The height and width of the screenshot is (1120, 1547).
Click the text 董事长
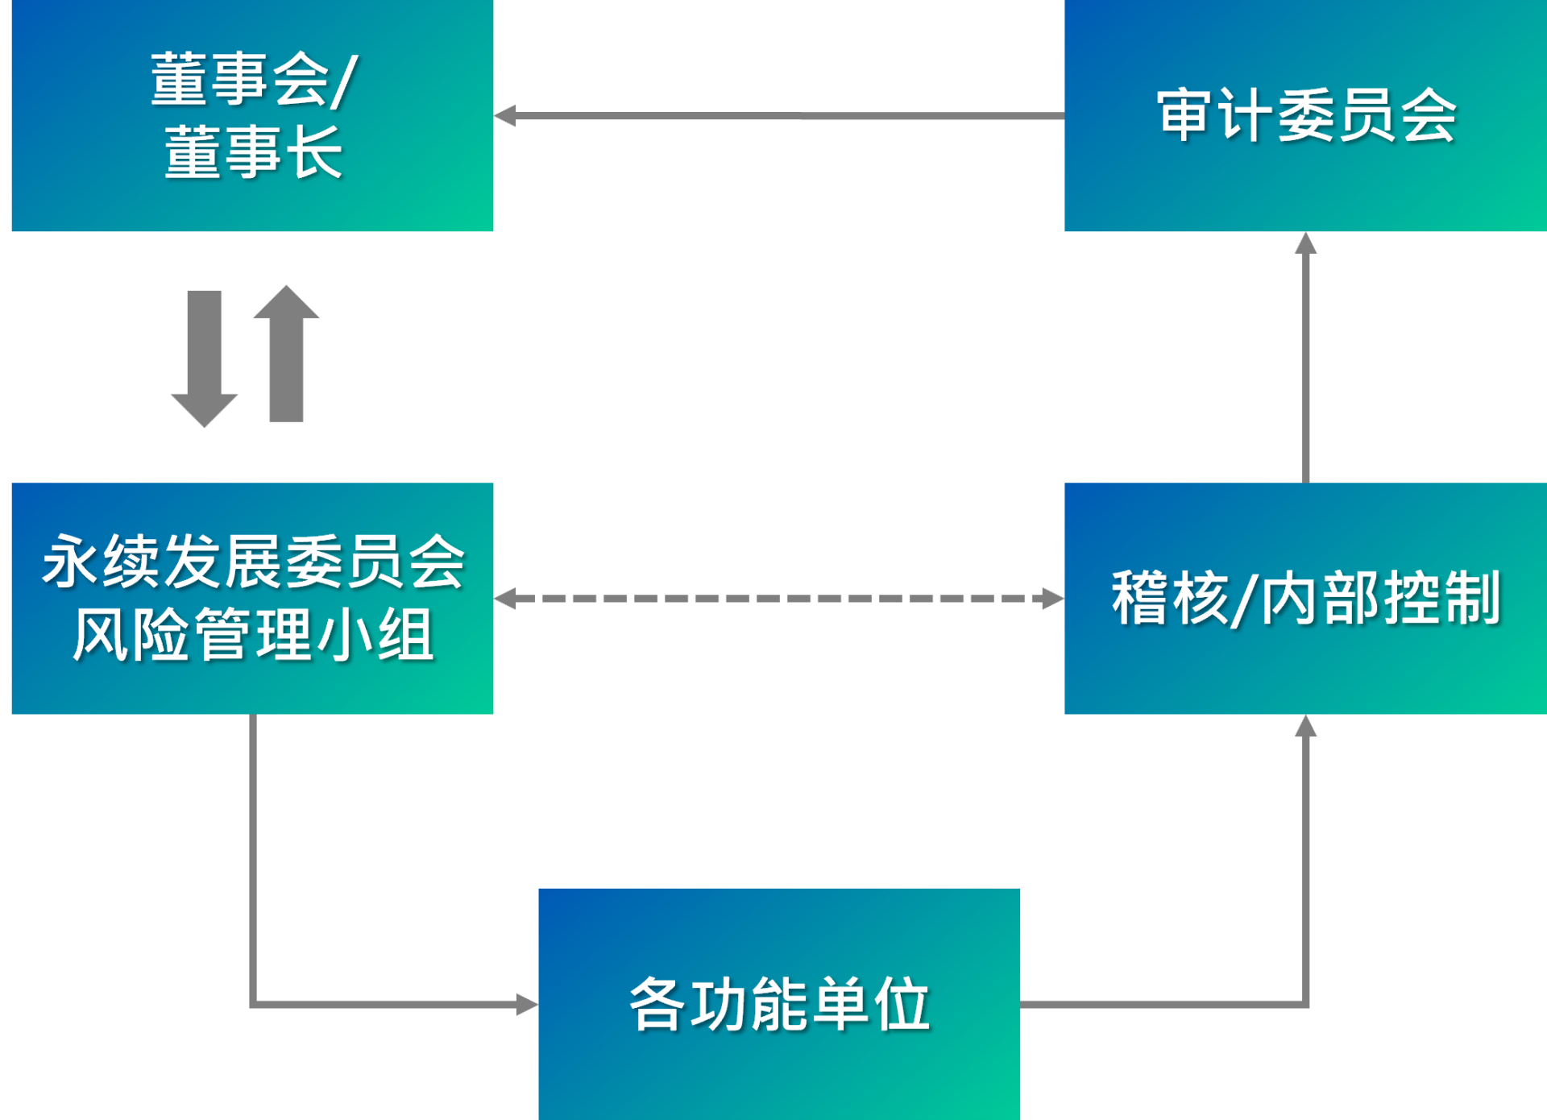pyautogui.click(x=253, y=151)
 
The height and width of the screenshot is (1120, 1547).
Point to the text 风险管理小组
pyautogui.click(x=253, y=635)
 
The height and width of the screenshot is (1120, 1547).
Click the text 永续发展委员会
pyautogui.click(x=253, y=562)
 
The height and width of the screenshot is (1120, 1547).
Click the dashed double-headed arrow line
pyautogui.click(x=778, y=599)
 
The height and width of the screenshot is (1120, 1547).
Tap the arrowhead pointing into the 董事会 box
pyautogui.click(x=505, y=116)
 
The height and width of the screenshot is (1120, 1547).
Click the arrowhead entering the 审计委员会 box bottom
pyautogui.click(x=1305, y=243)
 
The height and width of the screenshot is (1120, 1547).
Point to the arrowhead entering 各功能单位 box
pyautogui.click(x=527, y=1004)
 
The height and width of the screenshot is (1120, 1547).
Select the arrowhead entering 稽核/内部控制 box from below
pyautogui.click(x=1305, y=726)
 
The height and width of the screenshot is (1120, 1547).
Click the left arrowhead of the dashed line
pyautogui.click(x=505, y=599)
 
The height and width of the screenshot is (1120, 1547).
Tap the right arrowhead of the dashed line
pyautogui.click(x=1053, y=599)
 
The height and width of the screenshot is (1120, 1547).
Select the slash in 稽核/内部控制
pyautogui.click(x=1245, y=599)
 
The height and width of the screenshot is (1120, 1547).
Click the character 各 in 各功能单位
pyautogui.click(x=657, y=1004)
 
